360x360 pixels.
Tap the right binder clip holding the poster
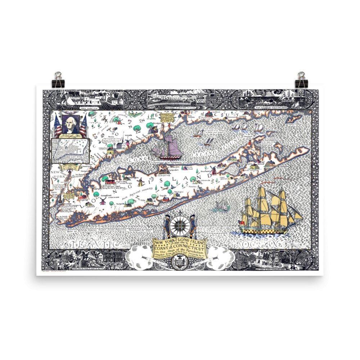301,80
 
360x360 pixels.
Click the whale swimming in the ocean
222,207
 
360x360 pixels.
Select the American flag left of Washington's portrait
58,125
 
